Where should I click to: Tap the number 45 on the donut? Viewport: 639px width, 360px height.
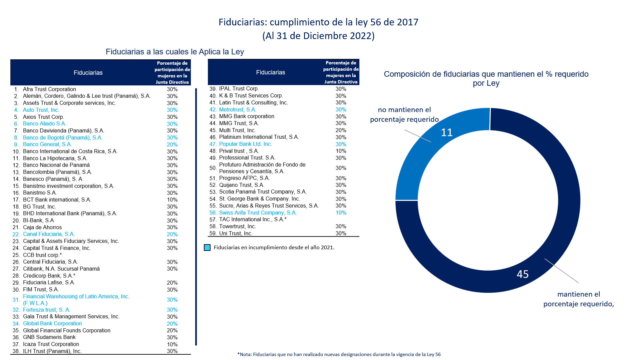(523, 274)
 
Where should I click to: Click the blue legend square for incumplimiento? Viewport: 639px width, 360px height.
(207, 248)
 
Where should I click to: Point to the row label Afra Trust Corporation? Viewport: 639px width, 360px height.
(49, 89)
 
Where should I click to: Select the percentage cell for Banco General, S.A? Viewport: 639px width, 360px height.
(172, 144)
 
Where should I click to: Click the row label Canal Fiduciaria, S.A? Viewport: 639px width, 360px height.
(49, 234)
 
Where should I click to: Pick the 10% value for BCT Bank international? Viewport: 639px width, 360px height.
(172, 200)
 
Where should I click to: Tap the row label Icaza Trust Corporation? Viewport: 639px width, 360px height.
(51, 344)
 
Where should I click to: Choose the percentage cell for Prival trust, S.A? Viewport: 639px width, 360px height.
(341, 151)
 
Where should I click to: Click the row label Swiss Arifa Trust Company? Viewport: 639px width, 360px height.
(258, 213)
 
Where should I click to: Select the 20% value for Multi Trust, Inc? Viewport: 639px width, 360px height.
(341, 130)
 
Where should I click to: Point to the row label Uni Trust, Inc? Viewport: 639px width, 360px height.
(236, 234)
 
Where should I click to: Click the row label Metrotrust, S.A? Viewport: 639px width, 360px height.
(238, 110)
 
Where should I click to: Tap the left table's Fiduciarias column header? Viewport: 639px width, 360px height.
(88, 73)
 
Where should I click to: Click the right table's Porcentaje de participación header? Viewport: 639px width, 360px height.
(341, 72)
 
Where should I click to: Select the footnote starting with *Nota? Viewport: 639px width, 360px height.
(339, 354)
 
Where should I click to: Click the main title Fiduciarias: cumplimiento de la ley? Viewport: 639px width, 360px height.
(318, 22)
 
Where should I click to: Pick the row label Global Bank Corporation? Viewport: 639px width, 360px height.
(52, 324)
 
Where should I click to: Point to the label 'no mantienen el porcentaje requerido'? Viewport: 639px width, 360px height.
(404, 115)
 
